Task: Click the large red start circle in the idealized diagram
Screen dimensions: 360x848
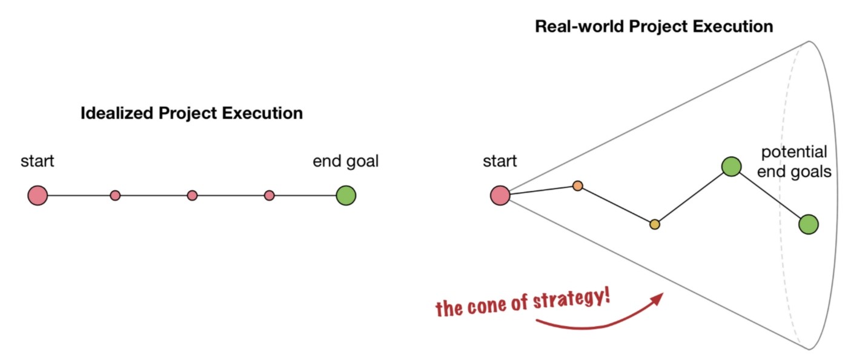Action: click(38, 195)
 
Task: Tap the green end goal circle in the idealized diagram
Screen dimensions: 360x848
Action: click(346, 195)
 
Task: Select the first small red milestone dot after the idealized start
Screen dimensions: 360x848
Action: click(115, 195)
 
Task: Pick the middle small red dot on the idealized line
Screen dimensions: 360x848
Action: click(192, 195)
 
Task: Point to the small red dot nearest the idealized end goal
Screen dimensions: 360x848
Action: click(270, 195)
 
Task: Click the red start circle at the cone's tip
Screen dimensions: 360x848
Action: click(500, 195)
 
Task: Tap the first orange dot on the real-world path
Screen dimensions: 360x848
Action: click(578, 185)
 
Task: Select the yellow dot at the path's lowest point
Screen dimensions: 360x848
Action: click(654, 224)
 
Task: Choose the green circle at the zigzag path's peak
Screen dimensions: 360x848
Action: click(732, 166)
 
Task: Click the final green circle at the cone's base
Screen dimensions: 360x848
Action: click(809, 224)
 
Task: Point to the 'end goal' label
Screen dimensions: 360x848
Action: click(345, 162)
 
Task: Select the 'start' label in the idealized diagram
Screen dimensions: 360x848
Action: click(38, 162)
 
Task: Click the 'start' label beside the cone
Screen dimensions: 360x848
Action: click(500, 162)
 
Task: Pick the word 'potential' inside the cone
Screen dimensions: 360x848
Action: click(794, 153)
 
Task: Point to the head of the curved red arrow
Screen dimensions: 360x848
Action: click(660, 296)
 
